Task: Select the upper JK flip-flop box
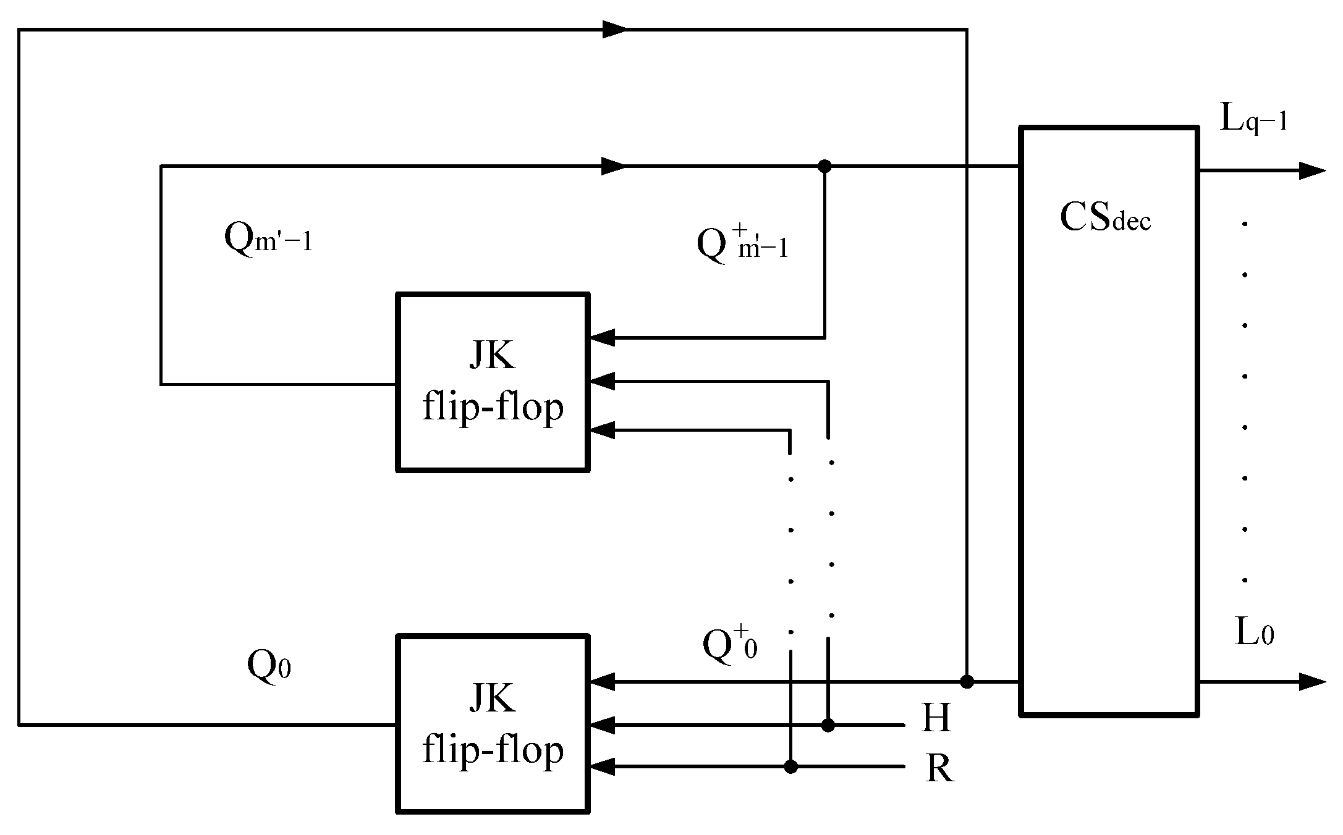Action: point(492,382)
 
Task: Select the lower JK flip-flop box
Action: point(492,724)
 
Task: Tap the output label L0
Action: point(1254,634)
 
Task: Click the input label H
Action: point(936,718)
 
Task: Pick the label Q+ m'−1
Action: point(742,243)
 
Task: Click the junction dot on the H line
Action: point(828,725)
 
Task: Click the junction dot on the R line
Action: point(790,767)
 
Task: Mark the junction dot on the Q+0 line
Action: point(967,682)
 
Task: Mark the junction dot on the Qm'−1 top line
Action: point(824,166)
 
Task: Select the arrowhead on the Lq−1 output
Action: point(1311,171)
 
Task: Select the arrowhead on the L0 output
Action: point(1311,682)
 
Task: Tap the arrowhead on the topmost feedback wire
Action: point(614,29)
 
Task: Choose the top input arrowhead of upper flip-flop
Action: point(603,338)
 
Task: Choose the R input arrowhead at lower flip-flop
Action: point(603,767)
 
